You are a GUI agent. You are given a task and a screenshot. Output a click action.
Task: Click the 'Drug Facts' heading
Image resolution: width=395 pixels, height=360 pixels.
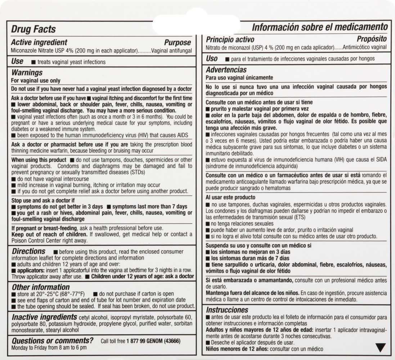tap(33, 29)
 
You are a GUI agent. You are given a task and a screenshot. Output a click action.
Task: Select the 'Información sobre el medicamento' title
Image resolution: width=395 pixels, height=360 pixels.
tap(320, 27)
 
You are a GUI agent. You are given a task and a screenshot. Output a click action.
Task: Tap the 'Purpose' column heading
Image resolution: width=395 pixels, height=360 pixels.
tap(178, 43)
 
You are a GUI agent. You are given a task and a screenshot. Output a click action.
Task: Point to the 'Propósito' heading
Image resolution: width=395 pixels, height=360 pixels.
tap(372, 39)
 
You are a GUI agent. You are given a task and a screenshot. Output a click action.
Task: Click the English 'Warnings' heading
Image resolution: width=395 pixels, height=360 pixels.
tap(27, 73)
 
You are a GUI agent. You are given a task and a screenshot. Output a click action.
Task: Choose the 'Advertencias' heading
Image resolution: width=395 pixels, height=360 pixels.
tap(226, 70)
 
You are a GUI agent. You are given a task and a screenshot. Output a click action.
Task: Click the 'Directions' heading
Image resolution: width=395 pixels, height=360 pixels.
tap(29, 251)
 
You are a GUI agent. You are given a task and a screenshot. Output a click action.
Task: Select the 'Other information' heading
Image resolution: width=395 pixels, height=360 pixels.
tap(41, 287)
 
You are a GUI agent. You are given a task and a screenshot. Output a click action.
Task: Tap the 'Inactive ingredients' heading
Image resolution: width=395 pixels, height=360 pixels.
tap(44, 317)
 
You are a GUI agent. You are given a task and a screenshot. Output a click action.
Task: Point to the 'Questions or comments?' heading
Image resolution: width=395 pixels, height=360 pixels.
tap(53, 341)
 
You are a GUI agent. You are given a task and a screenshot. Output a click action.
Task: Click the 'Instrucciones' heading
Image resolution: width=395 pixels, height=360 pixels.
tap(227, 310)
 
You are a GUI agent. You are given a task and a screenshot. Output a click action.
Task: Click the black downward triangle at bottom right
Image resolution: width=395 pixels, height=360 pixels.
tap(381, 348)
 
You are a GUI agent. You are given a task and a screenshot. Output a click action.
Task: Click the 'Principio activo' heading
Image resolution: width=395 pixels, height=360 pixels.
tap(230, 40)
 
